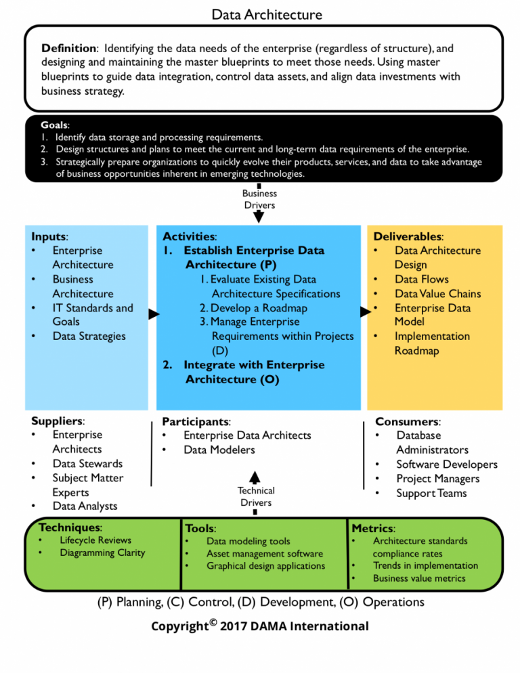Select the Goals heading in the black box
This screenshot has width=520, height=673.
54,125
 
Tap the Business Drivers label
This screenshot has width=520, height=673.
259,198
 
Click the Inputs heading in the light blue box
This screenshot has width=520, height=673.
49,236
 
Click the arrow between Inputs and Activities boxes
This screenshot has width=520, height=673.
154,314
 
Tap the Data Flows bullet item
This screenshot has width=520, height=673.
421,279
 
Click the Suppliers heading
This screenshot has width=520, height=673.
58,420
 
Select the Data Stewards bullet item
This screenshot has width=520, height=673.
87,464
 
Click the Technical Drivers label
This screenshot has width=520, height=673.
256,496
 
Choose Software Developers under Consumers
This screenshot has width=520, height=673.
446,464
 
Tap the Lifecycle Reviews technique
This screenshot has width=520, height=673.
95,540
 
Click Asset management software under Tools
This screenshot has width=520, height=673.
264,553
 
